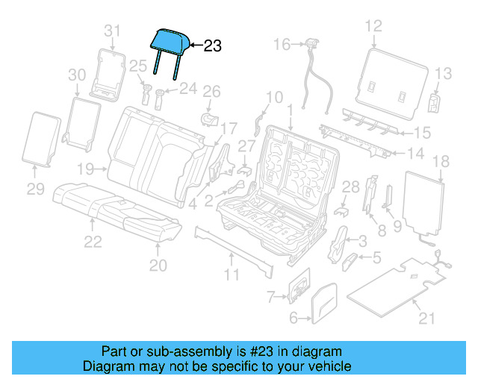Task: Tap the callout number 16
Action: (281, 46)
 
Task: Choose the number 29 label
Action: (37, 190)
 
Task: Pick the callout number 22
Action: (92, 241)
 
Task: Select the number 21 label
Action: (426, 319)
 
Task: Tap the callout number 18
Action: (441, 160)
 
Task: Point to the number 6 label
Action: (294, 319)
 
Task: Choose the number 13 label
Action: (444, 74)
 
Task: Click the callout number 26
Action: (212, 92)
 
